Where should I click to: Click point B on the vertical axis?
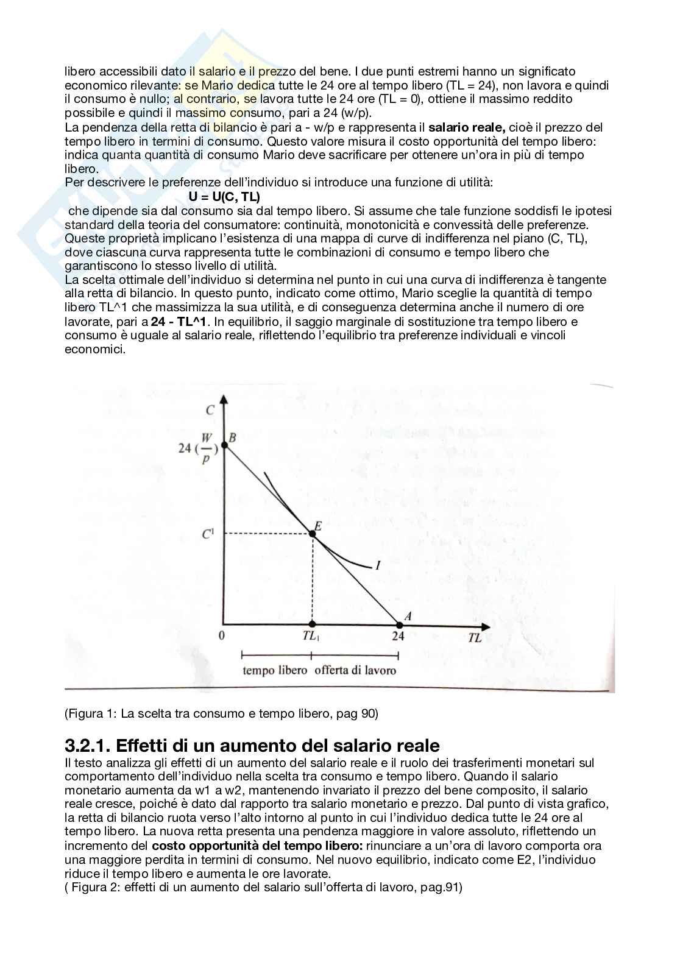(x=224, y=446)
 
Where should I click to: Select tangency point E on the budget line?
(x=313, y=533)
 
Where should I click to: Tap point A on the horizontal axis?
(x=400, y=624)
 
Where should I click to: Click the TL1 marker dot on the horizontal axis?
(x=313, y=624)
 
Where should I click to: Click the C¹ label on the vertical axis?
(x=208, y=534)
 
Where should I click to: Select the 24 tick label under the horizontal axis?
(x=398, y=637)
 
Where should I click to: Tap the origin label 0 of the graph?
(x=222, y=635)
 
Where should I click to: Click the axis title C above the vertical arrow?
(x=210, y=410)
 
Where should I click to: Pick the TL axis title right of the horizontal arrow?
(x=475, y=638)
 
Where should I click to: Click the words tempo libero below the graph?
(x=275, y=671)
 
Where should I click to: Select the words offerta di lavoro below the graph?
(x=355, y=671)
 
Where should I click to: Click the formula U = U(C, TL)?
(x=224, y=197)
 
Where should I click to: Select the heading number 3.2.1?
(x=87, y=746)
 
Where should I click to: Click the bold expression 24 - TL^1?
(x=185, y=322)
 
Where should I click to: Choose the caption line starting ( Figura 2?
(x=263, y=888)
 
